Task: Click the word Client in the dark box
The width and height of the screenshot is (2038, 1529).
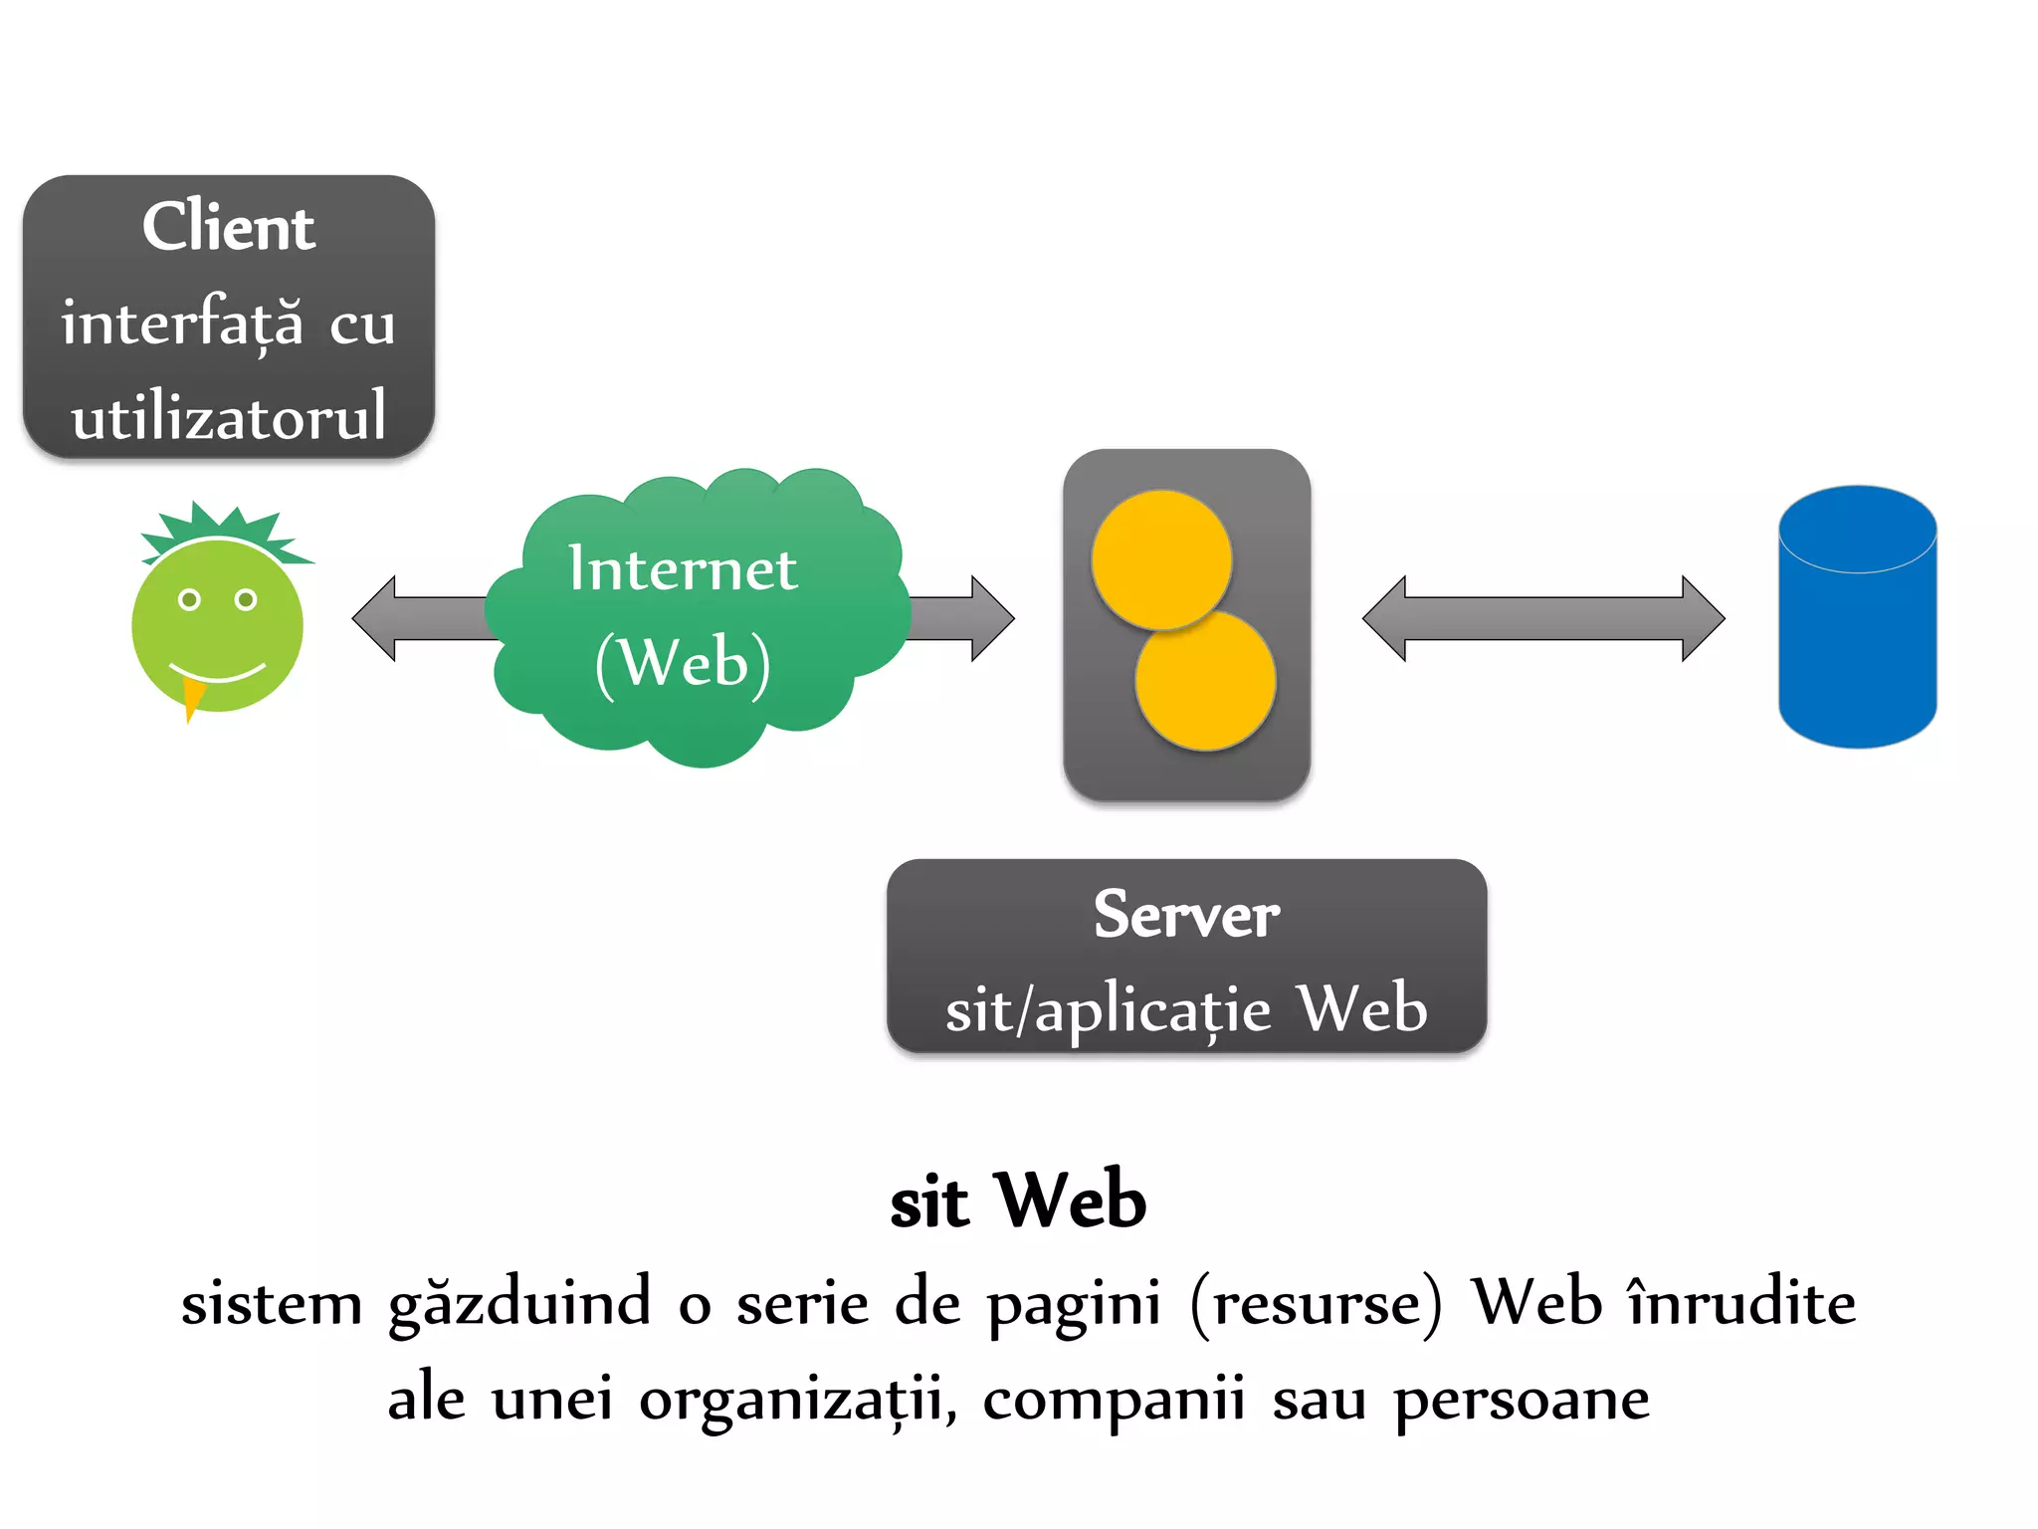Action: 228,227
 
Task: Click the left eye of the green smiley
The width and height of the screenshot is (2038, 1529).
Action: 189,599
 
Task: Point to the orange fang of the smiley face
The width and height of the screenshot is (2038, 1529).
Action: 193,696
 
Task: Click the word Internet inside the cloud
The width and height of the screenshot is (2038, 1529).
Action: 683,569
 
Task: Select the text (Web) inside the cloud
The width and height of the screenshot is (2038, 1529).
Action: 683,663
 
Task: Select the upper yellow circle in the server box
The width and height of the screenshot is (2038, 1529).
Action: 1161,559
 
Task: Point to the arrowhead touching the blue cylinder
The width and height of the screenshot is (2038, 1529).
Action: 1703,618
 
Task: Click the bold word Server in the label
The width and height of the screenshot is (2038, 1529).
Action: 1186,915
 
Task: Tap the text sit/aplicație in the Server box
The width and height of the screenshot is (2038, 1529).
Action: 1108,1011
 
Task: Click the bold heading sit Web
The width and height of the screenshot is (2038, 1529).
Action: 1018,1201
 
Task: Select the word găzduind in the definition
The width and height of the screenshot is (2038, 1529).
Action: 518,1304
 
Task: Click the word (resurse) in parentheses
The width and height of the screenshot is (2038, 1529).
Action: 1316,1304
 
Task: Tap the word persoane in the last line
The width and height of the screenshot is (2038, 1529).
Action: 1522,1400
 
